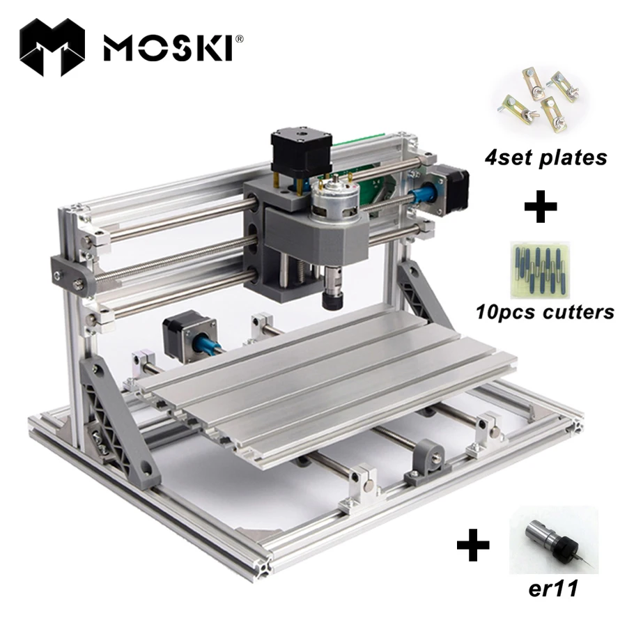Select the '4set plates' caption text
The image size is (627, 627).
pyautogui.click(x=546, y=157)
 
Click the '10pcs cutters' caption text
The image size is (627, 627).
pyautogui.click(x=545, y=311)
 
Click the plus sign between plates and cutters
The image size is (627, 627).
pyautogui.click(x=541, y=208)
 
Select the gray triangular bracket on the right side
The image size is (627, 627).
pyautogui.click(x=421, y=293)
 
